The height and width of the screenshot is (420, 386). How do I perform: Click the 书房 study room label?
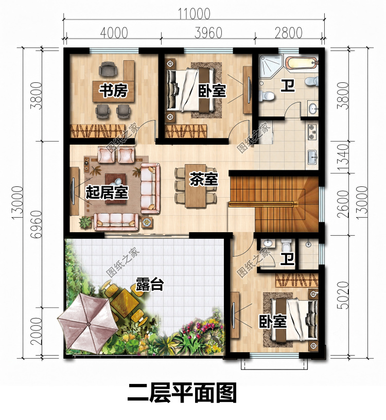tap(113, 90)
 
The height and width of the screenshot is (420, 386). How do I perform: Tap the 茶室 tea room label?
tap(204, 179)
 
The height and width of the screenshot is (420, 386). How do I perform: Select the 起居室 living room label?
tap(107, 192)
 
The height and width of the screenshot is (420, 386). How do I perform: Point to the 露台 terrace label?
tap(149, 284)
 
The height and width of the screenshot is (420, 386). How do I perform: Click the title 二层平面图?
tap(182, 393)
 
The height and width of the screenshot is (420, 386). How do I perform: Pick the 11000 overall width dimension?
tap(195, 13)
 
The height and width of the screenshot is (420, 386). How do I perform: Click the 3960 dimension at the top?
tap(208, 32)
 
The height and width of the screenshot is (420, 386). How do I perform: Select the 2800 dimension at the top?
tap(288, 32)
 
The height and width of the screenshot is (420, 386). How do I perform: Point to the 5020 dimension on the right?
tap(343, 295)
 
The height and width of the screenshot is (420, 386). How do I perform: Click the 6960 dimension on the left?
tap(37, 224)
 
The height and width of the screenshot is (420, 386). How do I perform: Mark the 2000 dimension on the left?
tap(37, 331)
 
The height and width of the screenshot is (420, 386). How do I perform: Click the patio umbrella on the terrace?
tap(87, 324)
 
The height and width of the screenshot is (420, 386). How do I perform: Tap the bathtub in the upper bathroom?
tap(302, 64)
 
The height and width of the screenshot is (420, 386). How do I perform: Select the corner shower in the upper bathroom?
tap(270, 66)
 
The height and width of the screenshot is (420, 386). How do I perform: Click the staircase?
tap(274, 204)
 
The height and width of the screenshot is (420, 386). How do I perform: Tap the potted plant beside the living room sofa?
tap(85, 222)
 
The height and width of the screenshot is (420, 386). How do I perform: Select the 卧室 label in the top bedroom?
tap(212, 91)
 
